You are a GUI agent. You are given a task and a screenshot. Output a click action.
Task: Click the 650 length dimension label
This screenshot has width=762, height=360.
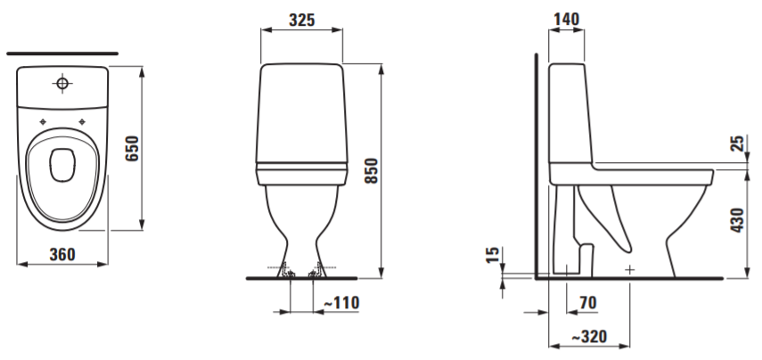pyautogui.click(x=133, y=149)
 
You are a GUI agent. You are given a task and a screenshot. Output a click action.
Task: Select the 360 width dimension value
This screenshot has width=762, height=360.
pyautogui.click(x=62, y=254)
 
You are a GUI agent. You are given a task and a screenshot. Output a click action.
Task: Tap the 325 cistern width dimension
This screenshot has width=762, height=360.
pyautogui.click(x=302, y=20)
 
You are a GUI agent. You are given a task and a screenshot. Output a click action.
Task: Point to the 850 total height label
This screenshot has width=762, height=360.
pyautogui.click(x=372, y=170)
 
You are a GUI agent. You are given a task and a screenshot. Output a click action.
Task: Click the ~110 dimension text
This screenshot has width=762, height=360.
pyautogui.click(x=341, y=303)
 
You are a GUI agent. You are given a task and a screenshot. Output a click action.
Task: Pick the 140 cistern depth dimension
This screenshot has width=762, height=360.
pyautogui.click(x=566, y=19)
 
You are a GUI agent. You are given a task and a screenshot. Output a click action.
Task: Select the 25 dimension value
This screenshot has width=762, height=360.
pyautogui.click(x=738, y=143)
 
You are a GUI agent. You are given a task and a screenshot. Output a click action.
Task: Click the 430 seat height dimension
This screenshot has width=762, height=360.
pyautogui.click(x=738, y=220)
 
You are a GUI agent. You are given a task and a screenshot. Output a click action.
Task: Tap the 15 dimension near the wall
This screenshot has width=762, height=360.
pyautogui.click(x=492, y=255)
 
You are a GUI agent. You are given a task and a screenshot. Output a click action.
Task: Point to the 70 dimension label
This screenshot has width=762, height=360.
pyautogui.click(x=587, y=303)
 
